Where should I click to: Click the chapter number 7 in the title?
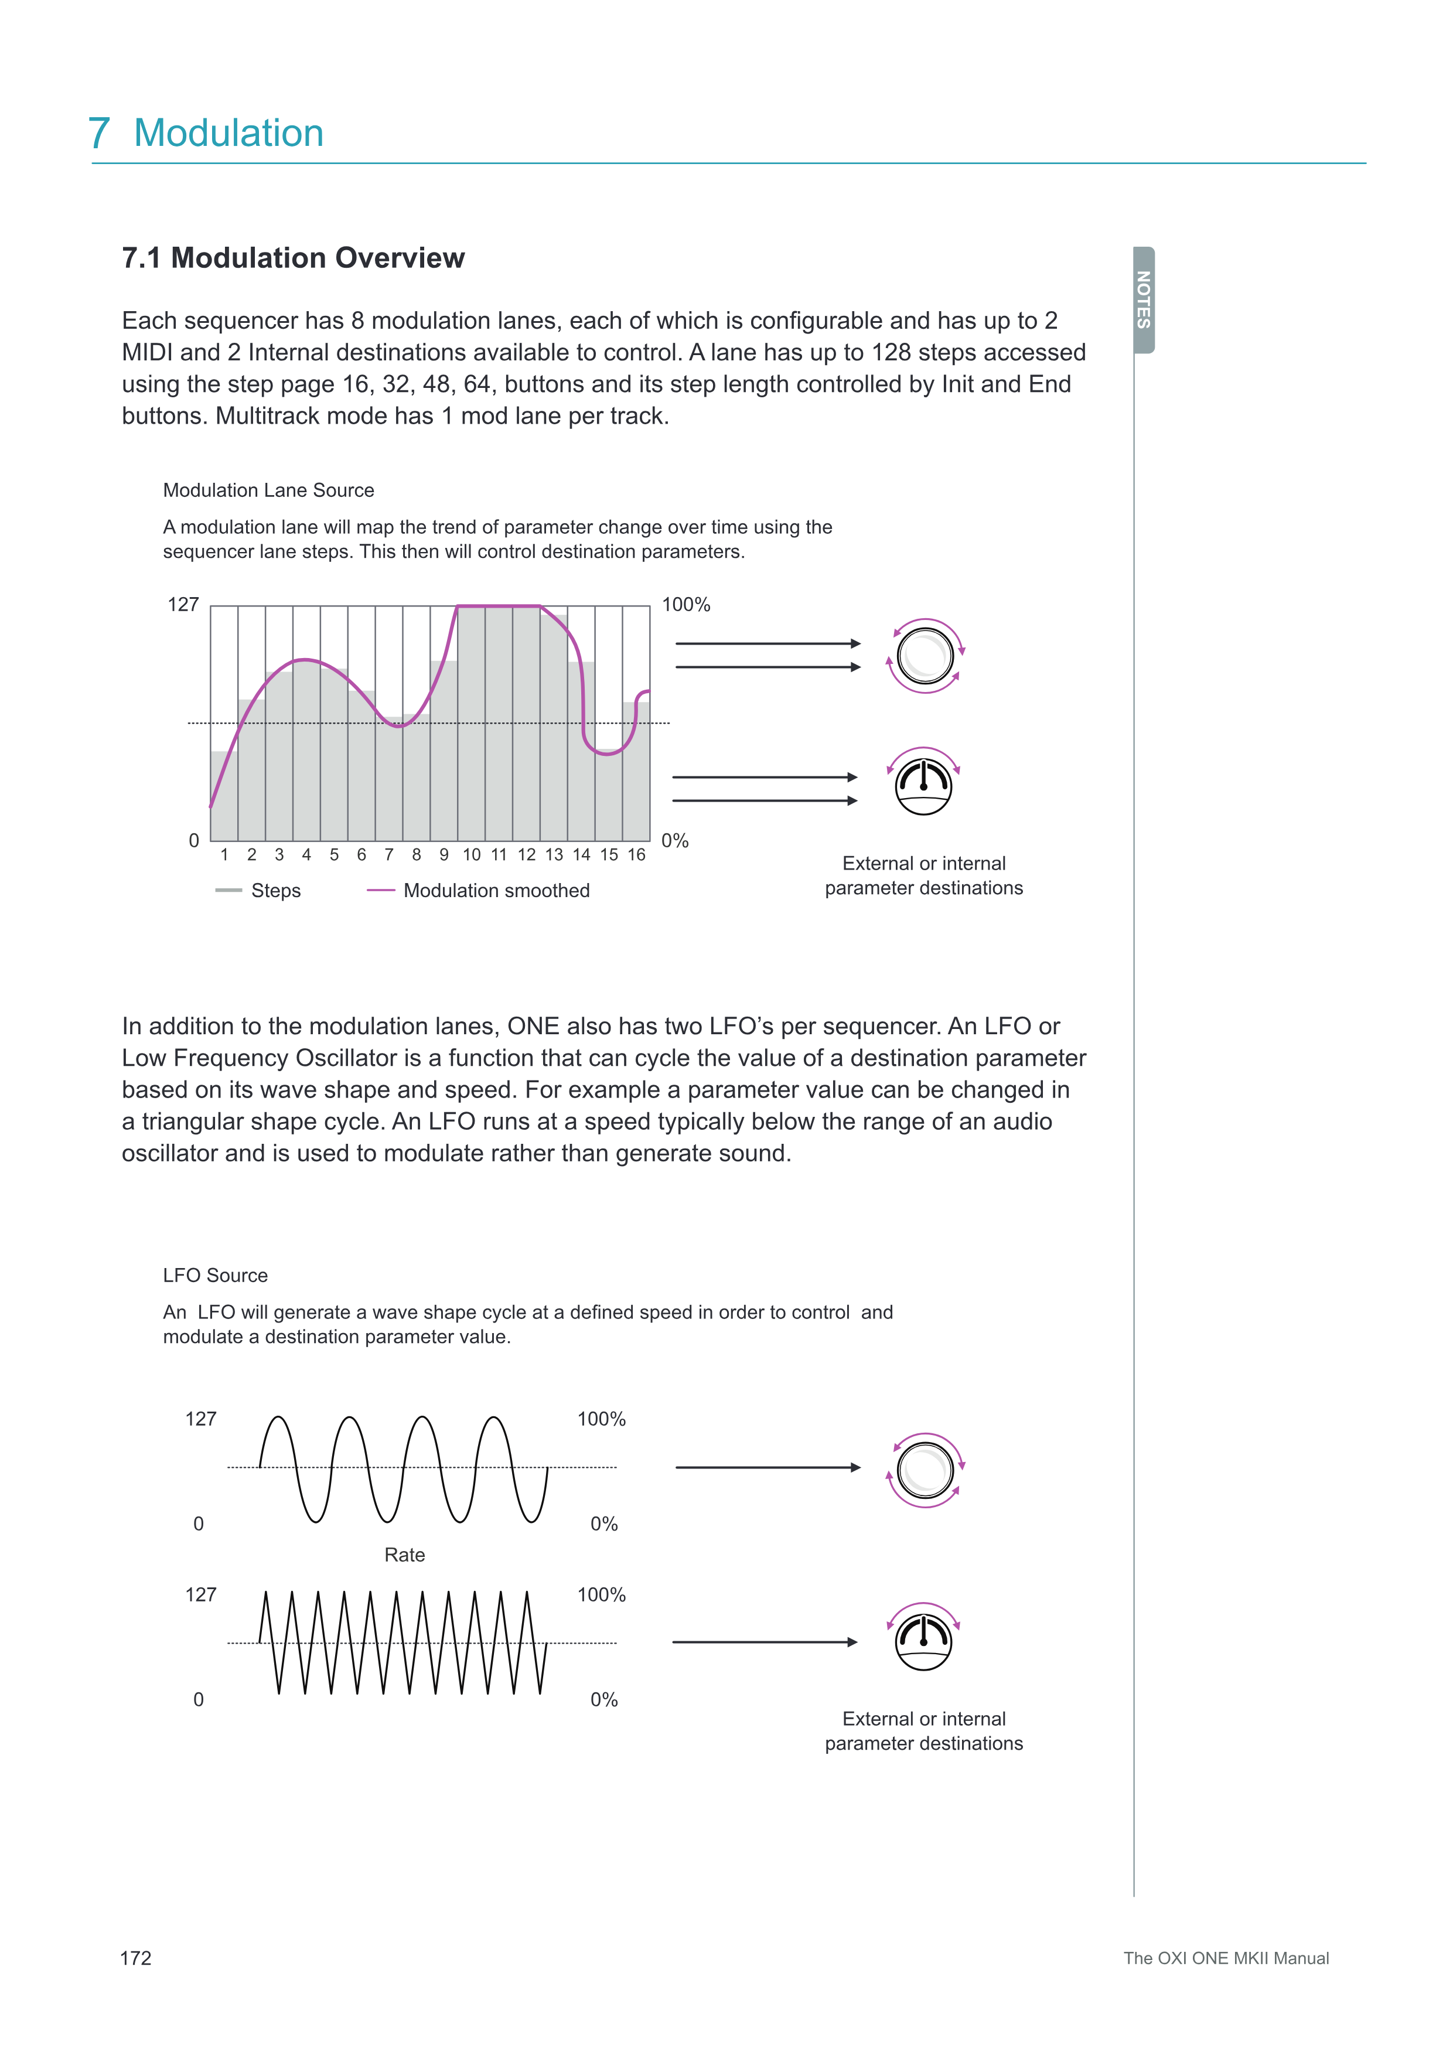[100, 134]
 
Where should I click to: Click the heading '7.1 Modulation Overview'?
[292, 258]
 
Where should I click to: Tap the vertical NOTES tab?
[1144, 300]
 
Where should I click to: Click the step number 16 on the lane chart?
[636, 855]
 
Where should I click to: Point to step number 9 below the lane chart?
[444, 855]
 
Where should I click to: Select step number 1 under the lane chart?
[224, 855]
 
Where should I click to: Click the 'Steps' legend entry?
[275, 891]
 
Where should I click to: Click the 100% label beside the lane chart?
[685, 605]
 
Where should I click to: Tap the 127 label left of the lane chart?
[183, 605]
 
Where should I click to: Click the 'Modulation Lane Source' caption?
[268, 490]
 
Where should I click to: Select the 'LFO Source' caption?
[215, 1276]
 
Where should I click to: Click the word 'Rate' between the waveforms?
[404, 1555]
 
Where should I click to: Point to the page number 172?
[136, 1958]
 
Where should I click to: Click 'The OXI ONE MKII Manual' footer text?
[1226, 1958]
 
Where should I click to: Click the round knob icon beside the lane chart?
[925, 656]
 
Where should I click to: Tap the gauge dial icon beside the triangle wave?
[923, 1641]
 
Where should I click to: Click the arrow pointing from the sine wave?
[767, 1468]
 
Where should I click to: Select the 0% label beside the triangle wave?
[604, 1700]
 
